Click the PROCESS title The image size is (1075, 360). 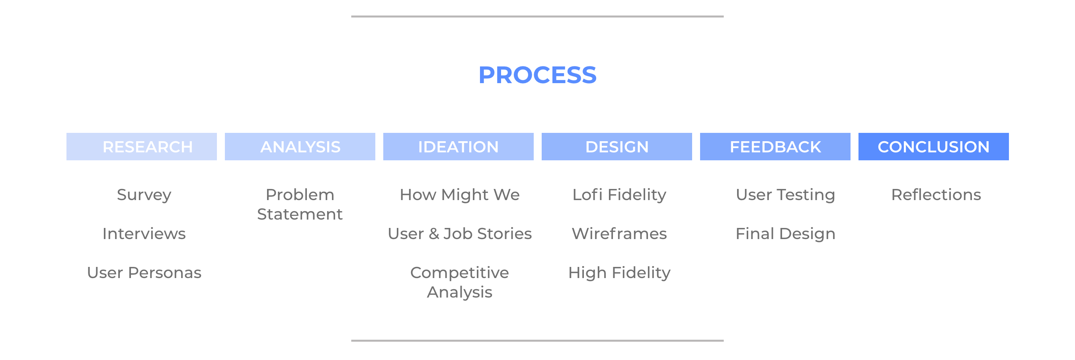(537, 75)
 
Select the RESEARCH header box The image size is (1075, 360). (141, 146)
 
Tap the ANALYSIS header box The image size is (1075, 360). (300, 146)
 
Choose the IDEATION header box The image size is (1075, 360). (458, 146)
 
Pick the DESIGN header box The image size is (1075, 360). (617, 146)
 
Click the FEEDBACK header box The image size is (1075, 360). (775, 146)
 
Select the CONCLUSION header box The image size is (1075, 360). (934, 146)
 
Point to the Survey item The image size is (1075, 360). (144, 195)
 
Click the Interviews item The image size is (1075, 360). (144, 234)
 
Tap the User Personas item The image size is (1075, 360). (144, 273)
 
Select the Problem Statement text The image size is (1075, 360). (300, 204)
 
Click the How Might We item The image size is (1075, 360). (459, 195)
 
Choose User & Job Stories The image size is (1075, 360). (459, 234)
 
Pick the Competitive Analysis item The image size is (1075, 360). (459, 282)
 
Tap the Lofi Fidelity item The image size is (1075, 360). (619, 195)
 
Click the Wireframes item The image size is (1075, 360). (619, 234)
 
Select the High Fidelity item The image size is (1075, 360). (619, 273)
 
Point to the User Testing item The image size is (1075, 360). (785, 195)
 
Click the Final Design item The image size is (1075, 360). (785, 234)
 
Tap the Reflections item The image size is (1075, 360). (936, 195)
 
